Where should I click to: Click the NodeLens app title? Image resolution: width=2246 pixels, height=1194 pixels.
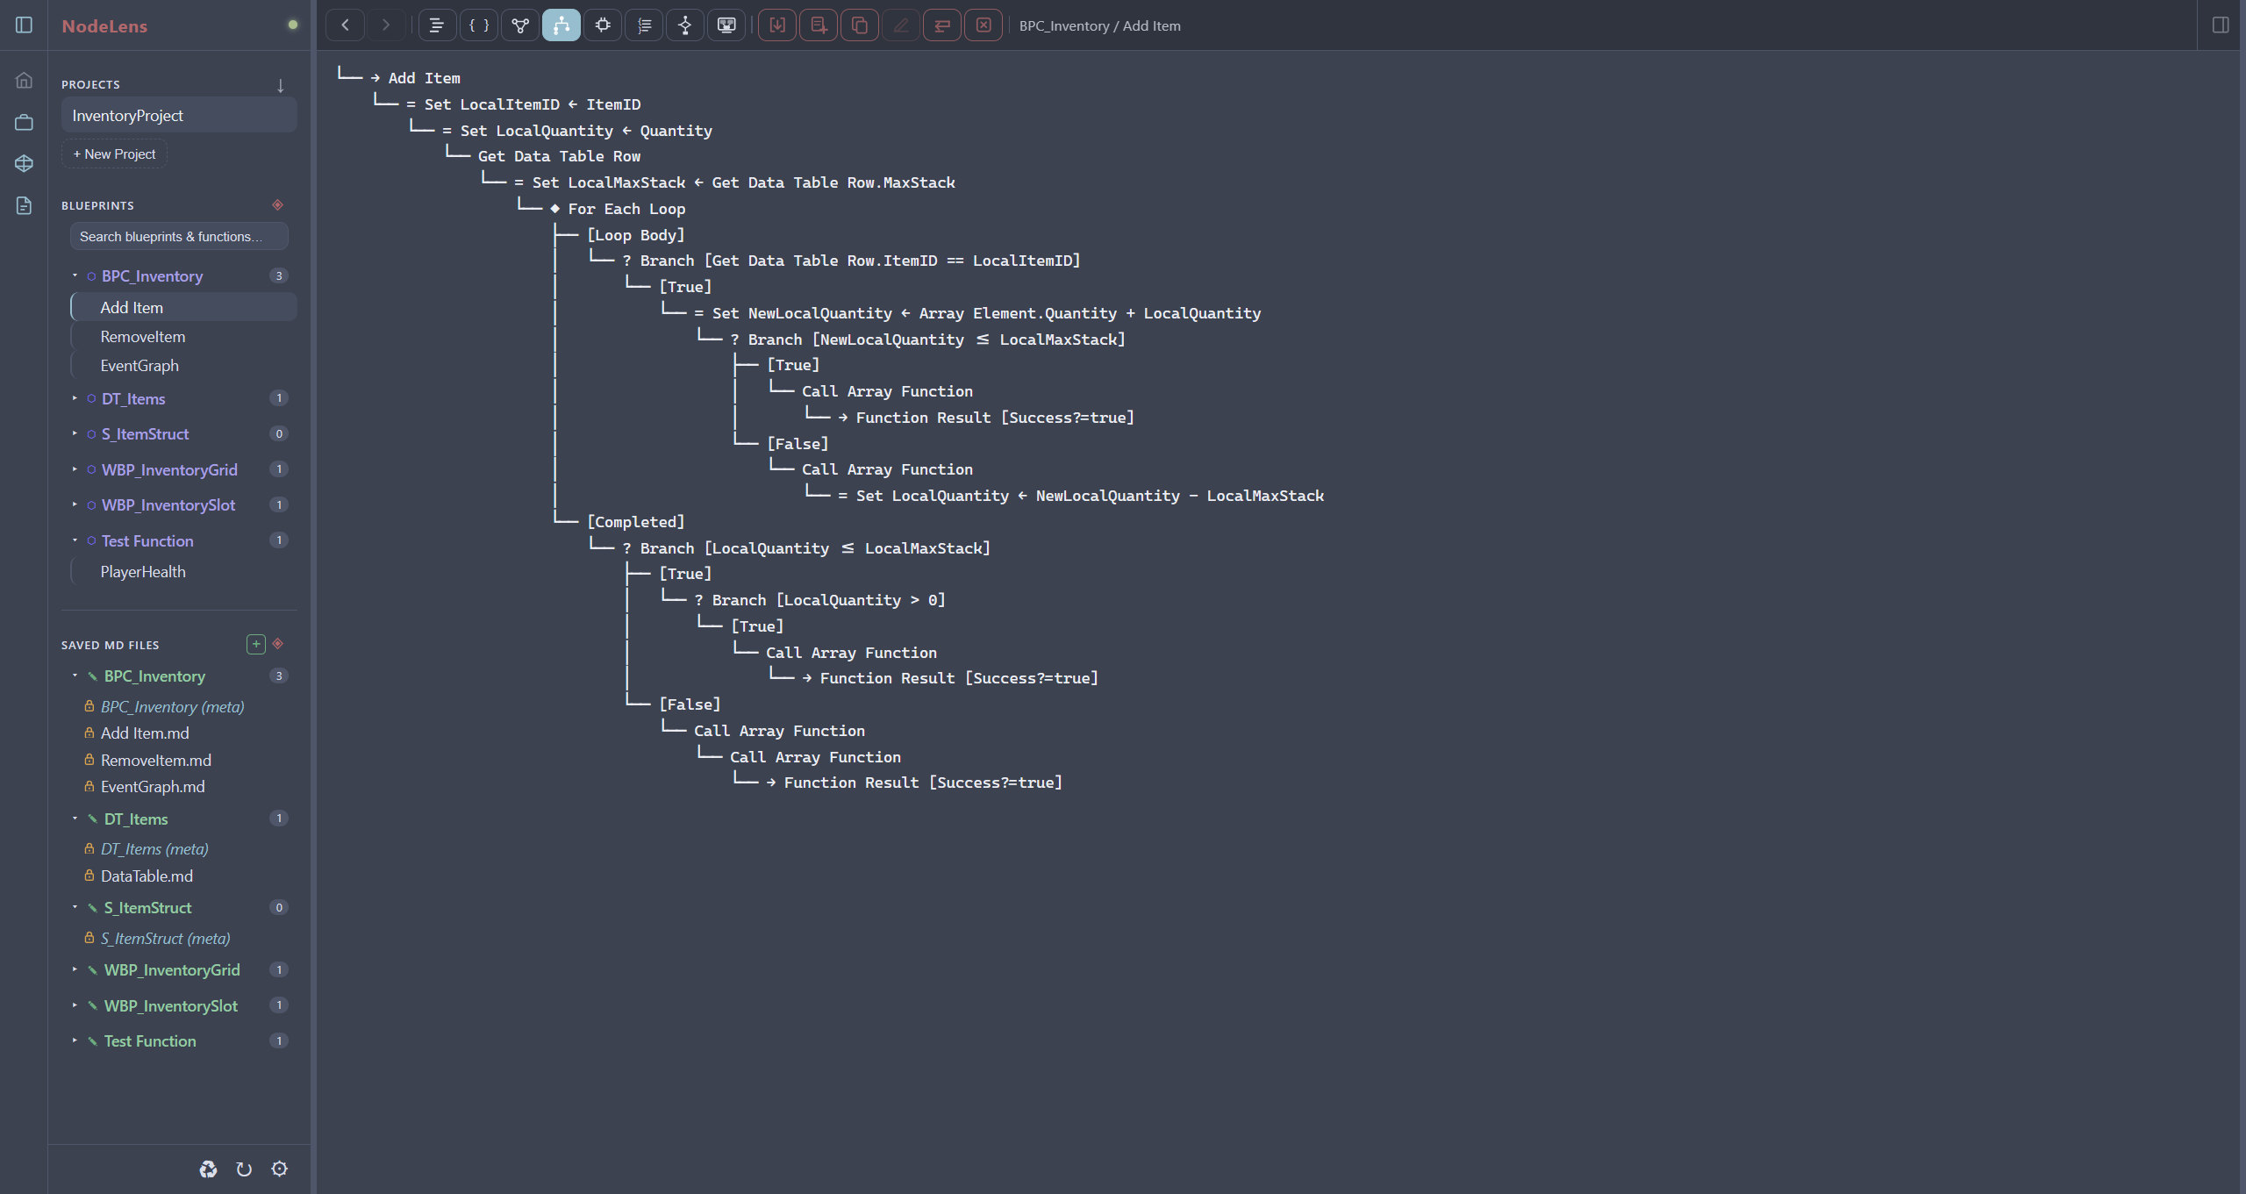[x=104, y=26]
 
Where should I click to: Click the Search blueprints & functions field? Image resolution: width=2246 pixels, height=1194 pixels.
[x=179, y=237]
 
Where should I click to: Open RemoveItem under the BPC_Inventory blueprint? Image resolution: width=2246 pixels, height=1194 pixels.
[x=143, y=337]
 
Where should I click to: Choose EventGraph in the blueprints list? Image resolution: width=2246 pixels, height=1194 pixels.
[x=139, y=366]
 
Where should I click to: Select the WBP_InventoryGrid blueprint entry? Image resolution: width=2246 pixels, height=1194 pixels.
[x=169, y=470]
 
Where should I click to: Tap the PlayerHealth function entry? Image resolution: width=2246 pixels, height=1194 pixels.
[x=143, y=572]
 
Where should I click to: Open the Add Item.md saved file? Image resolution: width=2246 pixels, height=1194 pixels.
[x=145, y=733]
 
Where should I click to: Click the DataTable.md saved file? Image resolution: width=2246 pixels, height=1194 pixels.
[x=147, y=876]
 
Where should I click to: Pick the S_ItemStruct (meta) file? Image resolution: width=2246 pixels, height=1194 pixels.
[x=166, y=939]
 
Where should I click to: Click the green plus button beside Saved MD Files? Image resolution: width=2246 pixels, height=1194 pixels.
[x=256, y=644]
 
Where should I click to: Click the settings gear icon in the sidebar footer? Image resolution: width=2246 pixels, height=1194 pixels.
[x=280, y=1169]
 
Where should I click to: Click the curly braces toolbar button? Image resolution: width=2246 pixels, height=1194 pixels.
[x=479, y=25]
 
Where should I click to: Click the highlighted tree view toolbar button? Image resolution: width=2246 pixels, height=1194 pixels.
[x=561, y=25]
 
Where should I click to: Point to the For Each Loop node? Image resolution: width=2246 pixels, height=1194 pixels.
[x=626, y=209]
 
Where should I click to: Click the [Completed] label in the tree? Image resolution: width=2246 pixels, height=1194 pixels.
[x=636, y=522]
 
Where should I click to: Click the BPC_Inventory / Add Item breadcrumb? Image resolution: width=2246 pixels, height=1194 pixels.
[x=1100, y=26]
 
